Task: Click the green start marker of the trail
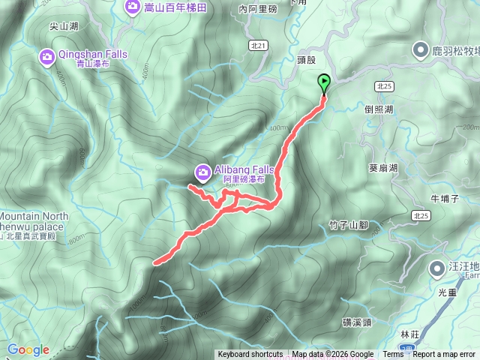pos(324,82)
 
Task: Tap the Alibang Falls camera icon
pos(202,172)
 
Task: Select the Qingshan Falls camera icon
pos(46,56)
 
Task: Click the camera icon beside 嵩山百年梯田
pos(132,7)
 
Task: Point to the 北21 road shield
pos(259,46)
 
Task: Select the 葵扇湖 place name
pos(384,168)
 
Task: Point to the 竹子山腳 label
pos(348,224)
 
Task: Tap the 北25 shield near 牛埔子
pos(421,216)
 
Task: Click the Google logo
pos(28,349)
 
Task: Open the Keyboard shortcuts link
pos(250,355)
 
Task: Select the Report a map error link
pos(444,355)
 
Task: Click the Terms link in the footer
pos(393,355)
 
